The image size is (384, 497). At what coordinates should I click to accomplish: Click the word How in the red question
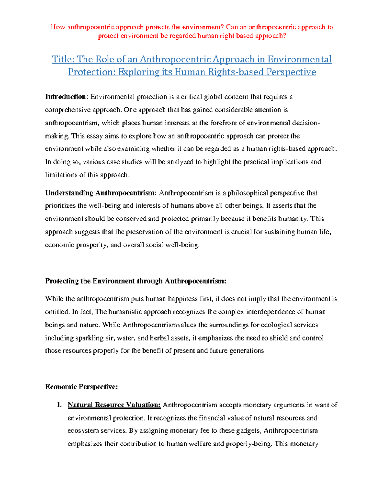[58, 27]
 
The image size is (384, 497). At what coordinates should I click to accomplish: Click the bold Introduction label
[66, 97]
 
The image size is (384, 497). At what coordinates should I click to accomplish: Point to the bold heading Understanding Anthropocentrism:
[101, 193]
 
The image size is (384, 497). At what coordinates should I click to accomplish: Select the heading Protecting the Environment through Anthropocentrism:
[136, 281]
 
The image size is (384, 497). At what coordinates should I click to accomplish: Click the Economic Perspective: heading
[82, 387]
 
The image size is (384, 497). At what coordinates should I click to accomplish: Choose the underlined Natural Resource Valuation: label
[114, 405]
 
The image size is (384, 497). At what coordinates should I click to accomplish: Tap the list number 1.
[59, 405]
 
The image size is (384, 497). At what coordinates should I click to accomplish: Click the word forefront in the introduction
[224, 123]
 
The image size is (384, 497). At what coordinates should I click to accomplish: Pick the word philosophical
[248, 193]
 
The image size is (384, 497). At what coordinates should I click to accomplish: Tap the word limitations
[61, 175]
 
